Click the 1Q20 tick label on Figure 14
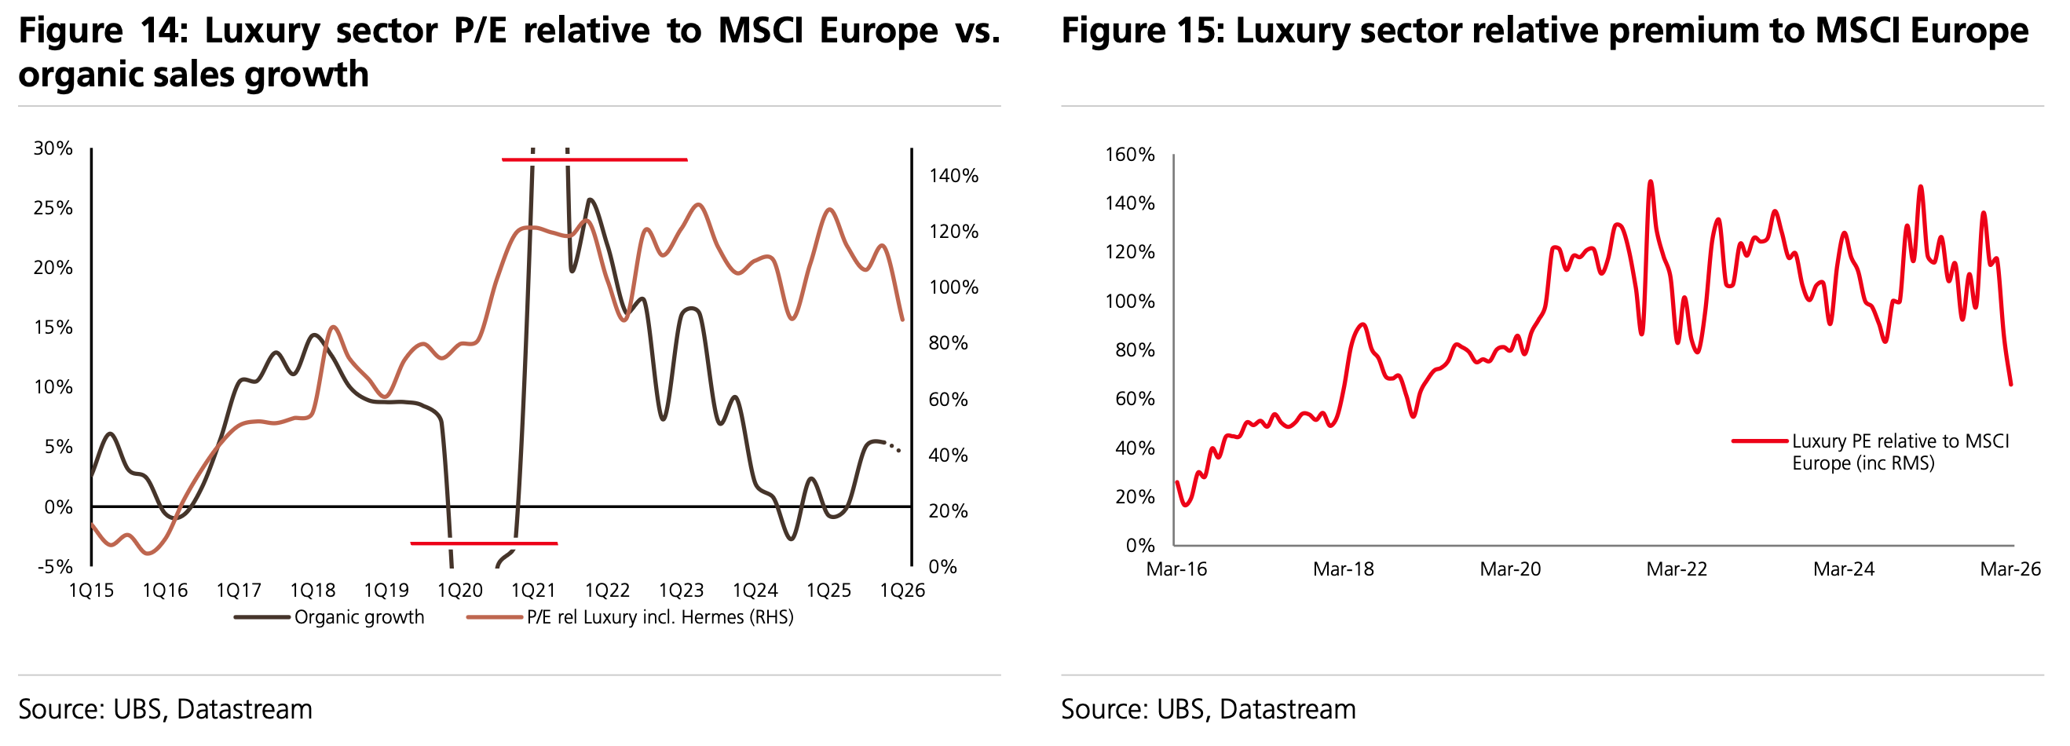point(459,591)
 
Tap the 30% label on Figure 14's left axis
point(53,148)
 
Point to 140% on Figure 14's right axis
point(954,176)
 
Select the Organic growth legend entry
point(358,617)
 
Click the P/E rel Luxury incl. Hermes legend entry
point(659,617)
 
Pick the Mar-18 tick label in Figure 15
point(1343,569)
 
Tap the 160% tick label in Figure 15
point(1130,155)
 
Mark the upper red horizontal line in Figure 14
point(594,160)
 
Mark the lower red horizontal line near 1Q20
point(484,543)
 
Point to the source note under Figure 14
point(166,709)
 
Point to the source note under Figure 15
point(1208,709)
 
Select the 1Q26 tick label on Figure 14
point(902,591)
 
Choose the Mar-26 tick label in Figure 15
point(2010,569)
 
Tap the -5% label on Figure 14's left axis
point(55,567)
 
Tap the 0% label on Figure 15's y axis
point(1140,546)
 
